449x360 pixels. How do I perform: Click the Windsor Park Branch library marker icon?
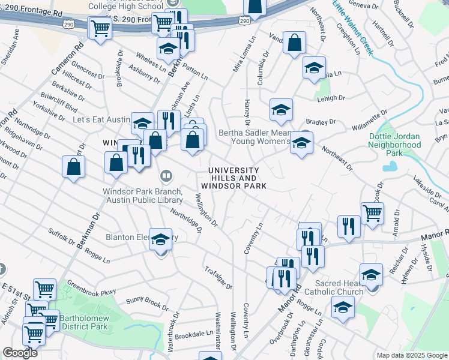pyautogui.click(x=166, y=176)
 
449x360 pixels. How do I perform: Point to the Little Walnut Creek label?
pyautogui.click(x=353, y=27)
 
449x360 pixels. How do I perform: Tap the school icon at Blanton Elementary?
pyautogui.click(x=160, y=239)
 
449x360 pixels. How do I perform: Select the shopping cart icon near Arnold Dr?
pyautogui.click(x=372, y=212)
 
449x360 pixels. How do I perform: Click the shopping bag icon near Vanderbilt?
pyautogui.click(x=294, y=43)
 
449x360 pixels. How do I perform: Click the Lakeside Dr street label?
pyautogui.click(x=428, y=184)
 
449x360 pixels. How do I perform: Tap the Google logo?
pyautogui.click(x=20, y=353)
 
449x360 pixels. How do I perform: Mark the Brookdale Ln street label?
pyautogui.click(x=196, y=333)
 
